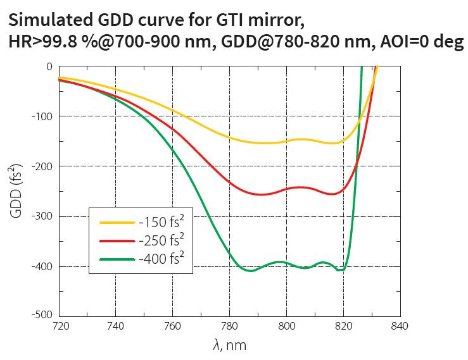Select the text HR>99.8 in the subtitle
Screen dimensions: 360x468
(x=44, y=44)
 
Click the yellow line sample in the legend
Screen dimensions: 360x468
(x=117, y=223)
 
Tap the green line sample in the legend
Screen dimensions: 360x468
(x=117, y=259)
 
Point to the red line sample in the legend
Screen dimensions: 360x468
(x=117, y=241)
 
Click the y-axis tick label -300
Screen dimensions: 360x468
(x=42, y=216)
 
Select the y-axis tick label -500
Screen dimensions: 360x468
(x=42, y=314)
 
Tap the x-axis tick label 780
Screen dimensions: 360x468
(x=229, y=326)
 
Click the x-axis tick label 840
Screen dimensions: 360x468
(x=400, y=326)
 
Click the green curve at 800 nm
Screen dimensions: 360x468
(x=286, y=263)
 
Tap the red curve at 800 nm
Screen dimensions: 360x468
(x=286, y=189)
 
